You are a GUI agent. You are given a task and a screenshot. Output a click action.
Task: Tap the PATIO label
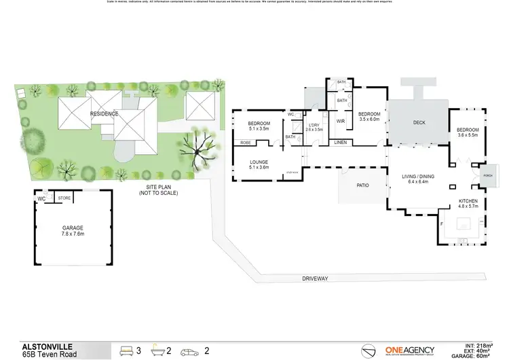363,184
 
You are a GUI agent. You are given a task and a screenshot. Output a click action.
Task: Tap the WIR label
341,122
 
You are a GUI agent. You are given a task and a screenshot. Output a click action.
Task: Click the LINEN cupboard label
341,142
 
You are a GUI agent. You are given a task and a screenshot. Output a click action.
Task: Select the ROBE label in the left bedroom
245,143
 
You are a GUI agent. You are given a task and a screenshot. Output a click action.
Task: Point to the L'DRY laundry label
315,126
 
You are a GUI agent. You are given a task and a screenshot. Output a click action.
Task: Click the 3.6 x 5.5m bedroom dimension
468,135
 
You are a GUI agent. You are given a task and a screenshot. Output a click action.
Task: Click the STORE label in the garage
64,198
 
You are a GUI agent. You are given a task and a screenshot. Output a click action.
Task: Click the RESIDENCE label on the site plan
105,113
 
